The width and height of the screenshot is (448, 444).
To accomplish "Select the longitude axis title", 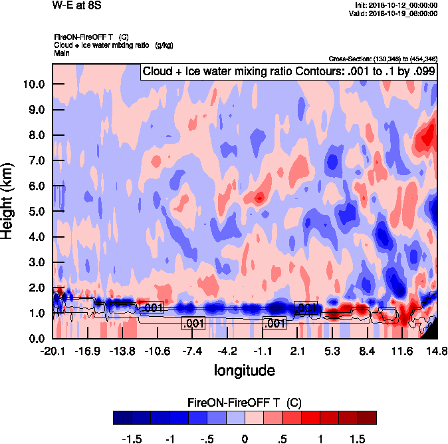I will (244, 370).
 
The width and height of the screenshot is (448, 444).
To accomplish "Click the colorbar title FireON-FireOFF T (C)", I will (244, 403).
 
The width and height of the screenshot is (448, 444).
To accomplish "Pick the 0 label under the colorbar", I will (245, 440).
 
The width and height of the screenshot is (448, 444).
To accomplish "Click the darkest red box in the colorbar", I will (368, 418).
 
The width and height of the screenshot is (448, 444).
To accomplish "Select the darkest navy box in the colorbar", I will (122, 418).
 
